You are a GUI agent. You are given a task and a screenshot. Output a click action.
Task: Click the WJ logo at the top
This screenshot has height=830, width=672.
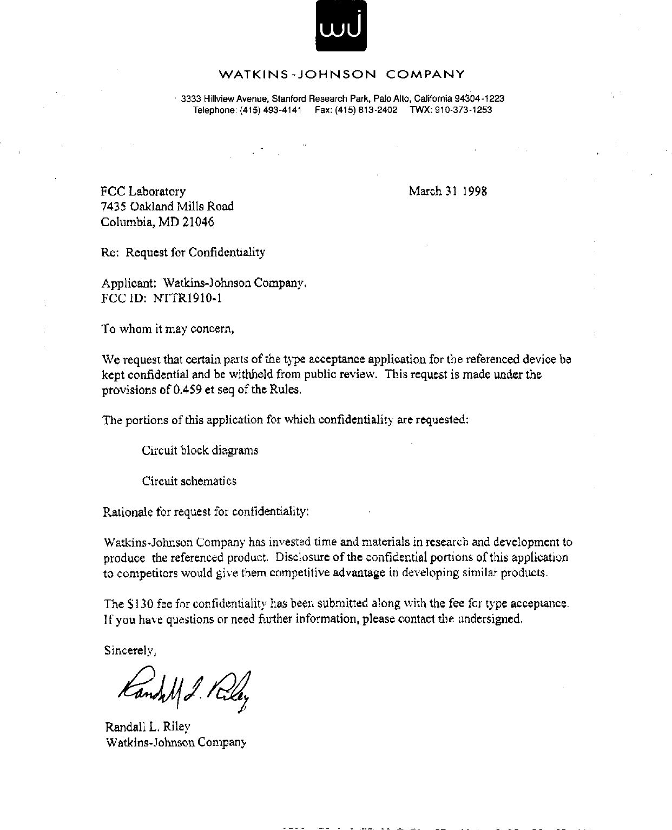point(341,26)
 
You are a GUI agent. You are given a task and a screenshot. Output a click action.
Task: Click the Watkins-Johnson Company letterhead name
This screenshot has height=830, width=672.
point(341,74)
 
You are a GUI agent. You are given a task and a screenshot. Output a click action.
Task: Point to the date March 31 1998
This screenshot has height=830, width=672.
point(447,191)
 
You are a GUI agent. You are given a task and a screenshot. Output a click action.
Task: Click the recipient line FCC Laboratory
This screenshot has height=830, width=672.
point(143,191)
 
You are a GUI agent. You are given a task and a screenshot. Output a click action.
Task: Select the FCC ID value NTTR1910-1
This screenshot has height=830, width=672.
point(185,298)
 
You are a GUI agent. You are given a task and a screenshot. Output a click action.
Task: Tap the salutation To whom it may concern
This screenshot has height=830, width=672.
point(168,329)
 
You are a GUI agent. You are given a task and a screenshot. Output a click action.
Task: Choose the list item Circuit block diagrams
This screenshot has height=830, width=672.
point(200,450)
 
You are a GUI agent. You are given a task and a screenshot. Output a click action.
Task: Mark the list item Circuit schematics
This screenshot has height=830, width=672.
point(189,481)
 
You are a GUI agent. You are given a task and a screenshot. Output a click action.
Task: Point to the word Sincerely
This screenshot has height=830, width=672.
point(130,650)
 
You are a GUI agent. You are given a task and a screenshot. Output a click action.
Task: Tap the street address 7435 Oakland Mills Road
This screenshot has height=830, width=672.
point(168,206)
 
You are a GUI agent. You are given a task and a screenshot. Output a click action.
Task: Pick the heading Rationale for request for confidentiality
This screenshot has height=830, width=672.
point(206,511)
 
